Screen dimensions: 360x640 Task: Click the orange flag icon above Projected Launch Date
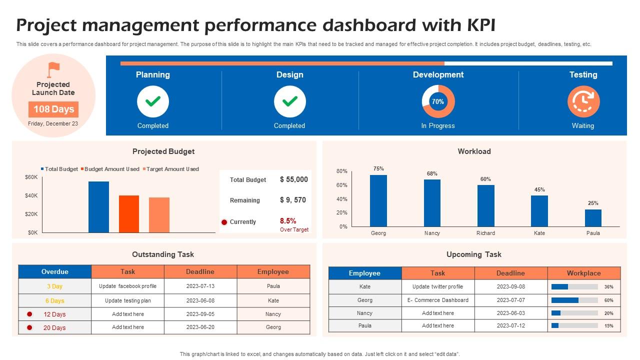click(53, 69)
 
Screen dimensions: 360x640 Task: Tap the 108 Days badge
click(53, 109)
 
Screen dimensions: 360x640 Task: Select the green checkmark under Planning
click(153, 101)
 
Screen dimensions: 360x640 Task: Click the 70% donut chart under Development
click(438, 101)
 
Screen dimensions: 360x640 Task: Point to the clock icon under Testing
click(583, 101)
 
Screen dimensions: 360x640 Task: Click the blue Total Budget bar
click(98, 207)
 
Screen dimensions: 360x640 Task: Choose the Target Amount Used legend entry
click(171, 169)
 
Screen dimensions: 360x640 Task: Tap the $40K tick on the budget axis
click(31, 195)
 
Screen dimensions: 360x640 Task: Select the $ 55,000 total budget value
click(293, 179)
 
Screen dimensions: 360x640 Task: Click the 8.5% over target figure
click(288, 220)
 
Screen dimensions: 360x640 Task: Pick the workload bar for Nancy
click(432, 203)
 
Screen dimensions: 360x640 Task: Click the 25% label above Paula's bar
click(593, 203)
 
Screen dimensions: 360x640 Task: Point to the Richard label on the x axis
click(485, 233)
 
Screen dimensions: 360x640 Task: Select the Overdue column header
click(55, 271)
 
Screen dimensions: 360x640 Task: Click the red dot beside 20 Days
click(29, 327)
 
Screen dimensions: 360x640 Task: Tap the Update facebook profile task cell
click(128, 286)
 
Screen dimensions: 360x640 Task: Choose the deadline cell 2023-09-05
click(200, 314)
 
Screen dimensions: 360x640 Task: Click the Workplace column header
click(583, 273)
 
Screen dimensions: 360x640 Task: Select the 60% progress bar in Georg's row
click(574, 300)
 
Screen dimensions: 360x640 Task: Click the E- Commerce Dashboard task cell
click(438, 300)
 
